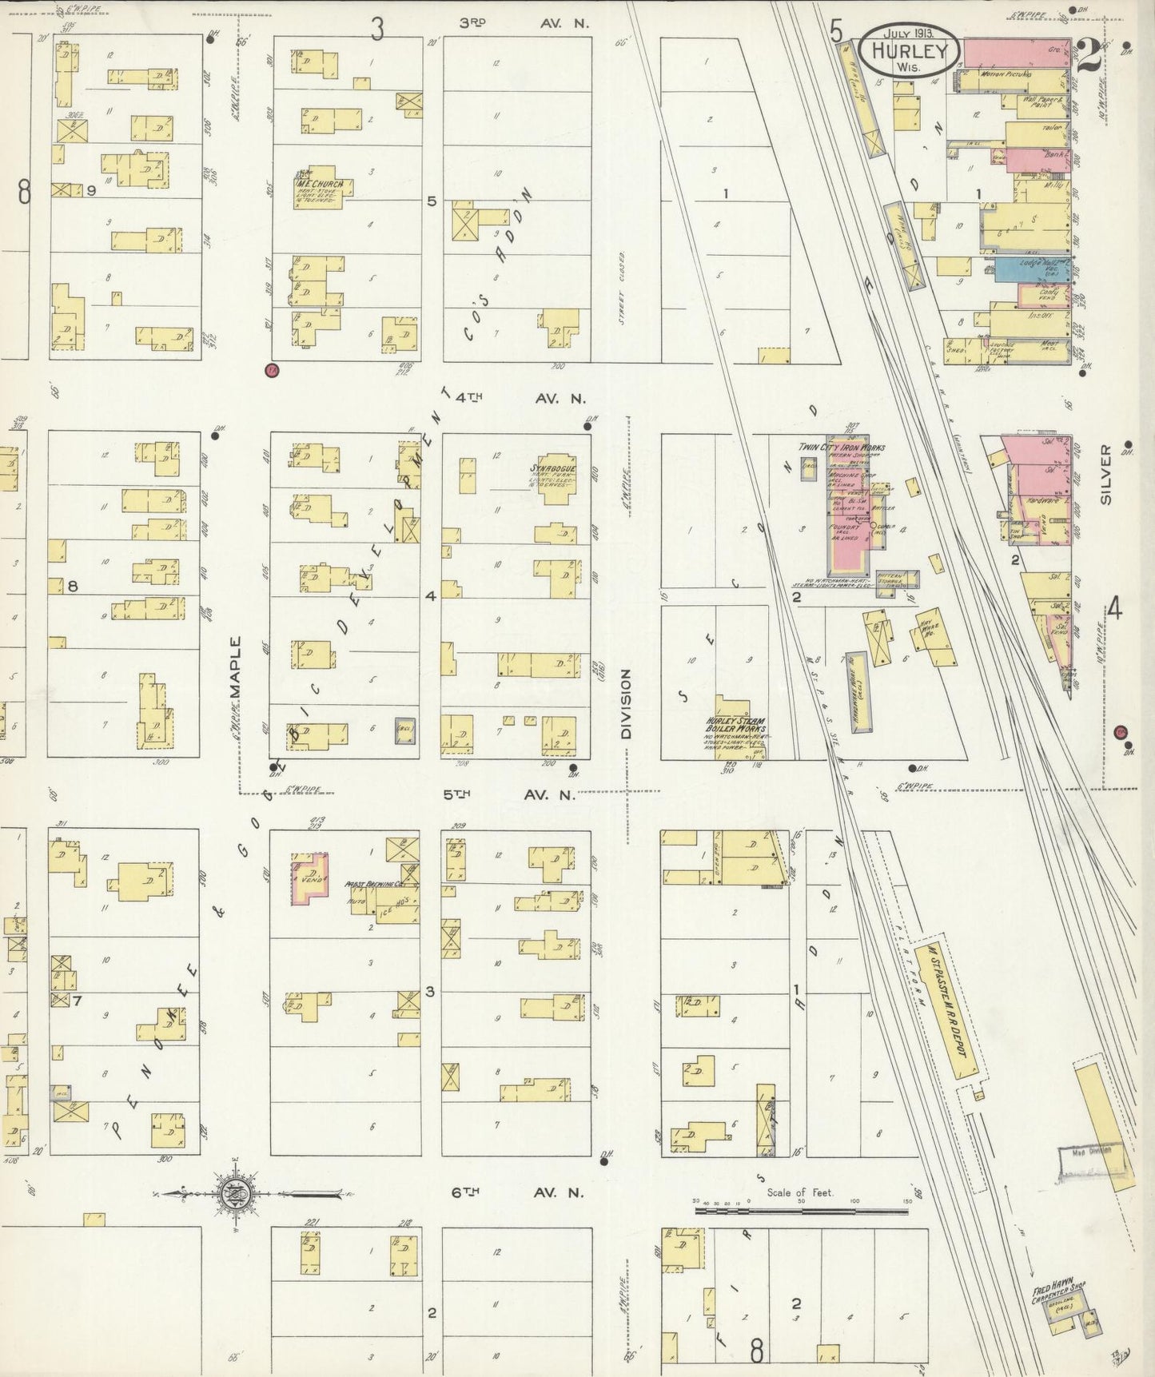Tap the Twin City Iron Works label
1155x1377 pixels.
click(841, 448)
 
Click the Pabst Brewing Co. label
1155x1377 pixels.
click(367, 885)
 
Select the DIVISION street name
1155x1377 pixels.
click(626, 703)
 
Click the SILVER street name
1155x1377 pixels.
click(1105, 475)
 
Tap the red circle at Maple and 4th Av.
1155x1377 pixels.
click(272, 370)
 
